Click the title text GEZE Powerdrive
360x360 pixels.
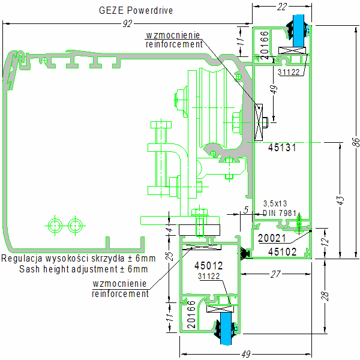(136, 10)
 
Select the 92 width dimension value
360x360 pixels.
(127, 23)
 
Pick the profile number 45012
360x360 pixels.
(208, 265)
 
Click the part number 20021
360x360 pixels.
(271, 238)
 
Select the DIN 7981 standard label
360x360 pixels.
(278, 213)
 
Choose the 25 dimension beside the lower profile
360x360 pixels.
(170, 256)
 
